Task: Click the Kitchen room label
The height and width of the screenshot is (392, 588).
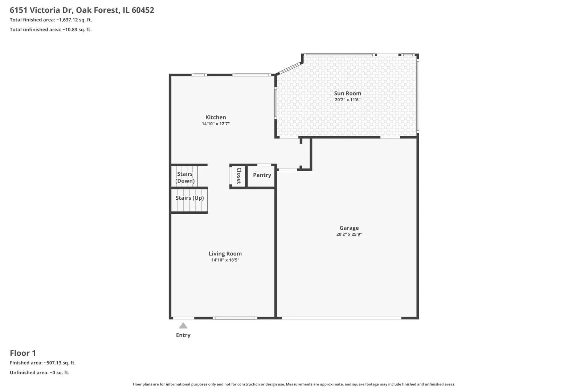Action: tap(216, 117)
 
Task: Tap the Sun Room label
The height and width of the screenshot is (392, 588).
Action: tap(348, 93)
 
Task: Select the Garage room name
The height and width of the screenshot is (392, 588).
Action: tap(349, 228)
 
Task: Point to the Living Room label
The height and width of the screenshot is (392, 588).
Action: tap(225, 253)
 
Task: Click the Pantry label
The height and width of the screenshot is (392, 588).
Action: tap(262, 175)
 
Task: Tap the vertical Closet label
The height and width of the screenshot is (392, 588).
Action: tap(239, 176)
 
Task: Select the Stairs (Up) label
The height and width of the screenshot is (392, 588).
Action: tap(189, 198)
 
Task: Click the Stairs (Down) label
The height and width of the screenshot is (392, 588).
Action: tap(185, 177)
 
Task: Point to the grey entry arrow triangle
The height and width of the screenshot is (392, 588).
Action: tap(183, 326)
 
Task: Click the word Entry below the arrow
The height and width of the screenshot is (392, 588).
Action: tap(183, 335)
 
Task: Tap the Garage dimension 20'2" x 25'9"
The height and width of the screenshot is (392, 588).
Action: tap(349, 234)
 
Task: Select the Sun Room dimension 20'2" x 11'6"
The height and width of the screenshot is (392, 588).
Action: tap(348, 99)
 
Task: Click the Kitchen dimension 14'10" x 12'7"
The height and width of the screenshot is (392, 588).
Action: tap(216, 124)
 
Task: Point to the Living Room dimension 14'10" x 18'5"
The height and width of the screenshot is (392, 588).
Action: tap(225, 260)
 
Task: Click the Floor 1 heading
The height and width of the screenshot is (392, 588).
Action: tap(23, 353)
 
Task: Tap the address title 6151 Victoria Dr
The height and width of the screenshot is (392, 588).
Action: tap(42, 10)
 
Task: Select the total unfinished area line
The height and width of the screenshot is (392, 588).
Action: tap(51, 29)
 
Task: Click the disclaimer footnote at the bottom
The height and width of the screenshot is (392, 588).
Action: tap(294, 384)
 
